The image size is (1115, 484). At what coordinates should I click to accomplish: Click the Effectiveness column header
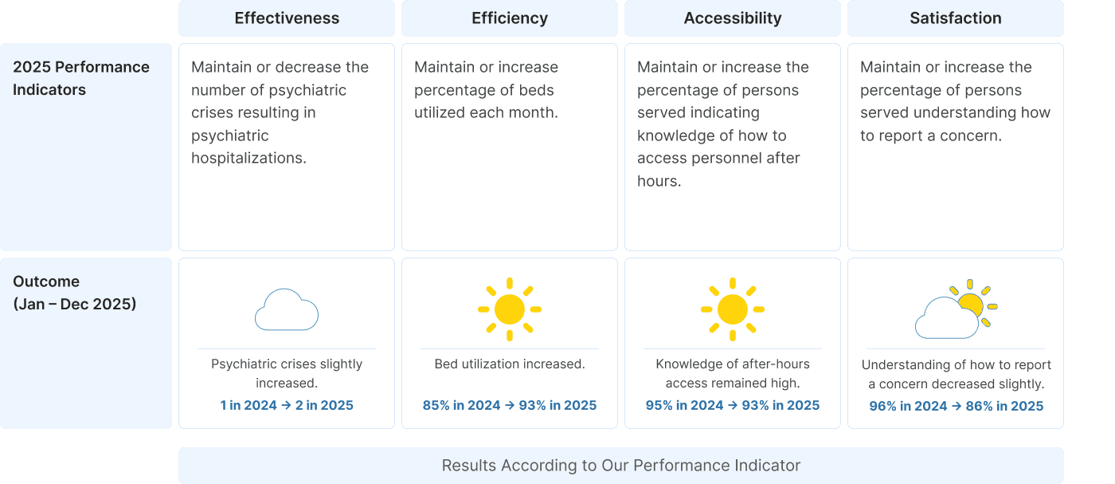point(287,18)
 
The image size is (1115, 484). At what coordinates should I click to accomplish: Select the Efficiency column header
point(510,18)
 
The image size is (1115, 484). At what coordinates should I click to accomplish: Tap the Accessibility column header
point(733,18)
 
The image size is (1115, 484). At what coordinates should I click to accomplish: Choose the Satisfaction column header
point(956,18)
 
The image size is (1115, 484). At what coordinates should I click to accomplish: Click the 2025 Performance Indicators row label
point(81,78)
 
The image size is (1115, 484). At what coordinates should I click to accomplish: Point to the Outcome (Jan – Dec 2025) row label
point(75,293)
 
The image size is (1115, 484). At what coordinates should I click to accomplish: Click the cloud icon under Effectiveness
point(287,310)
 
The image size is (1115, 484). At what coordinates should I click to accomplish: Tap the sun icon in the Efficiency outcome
point(510,309)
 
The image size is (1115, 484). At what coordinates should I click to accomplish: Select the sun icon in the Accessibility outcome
point(733,309)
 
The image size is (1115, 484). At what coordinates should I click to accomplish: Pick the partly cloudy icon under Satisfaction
point(956,311)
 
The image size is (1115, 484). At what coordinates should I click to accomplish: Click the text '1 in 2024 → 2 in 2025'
point(287,405)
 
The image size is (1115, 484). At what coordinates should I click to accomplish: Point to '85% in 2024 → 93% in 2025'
point(510,405)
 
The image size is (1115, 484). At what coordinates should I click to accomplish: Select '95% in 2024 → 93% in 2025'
point(733,405)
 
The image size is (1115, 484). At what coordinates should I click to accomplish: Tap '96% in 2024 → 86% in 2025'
point(956,406)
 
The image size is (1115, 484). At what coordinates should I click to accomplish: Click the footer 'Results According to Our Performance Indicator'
point(621,466)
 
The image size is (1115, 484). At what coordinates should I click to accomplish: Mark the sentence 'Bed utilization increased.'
point(510,364)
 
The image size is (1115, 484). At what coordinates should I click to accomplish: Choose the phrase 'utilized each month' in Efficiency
point(485,112)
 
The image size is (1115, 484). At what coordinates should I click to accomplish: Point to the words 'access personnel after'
point(718,158)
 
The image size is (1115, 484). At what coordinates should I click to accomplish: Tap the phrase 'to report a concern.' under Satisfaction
point(930,136)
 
